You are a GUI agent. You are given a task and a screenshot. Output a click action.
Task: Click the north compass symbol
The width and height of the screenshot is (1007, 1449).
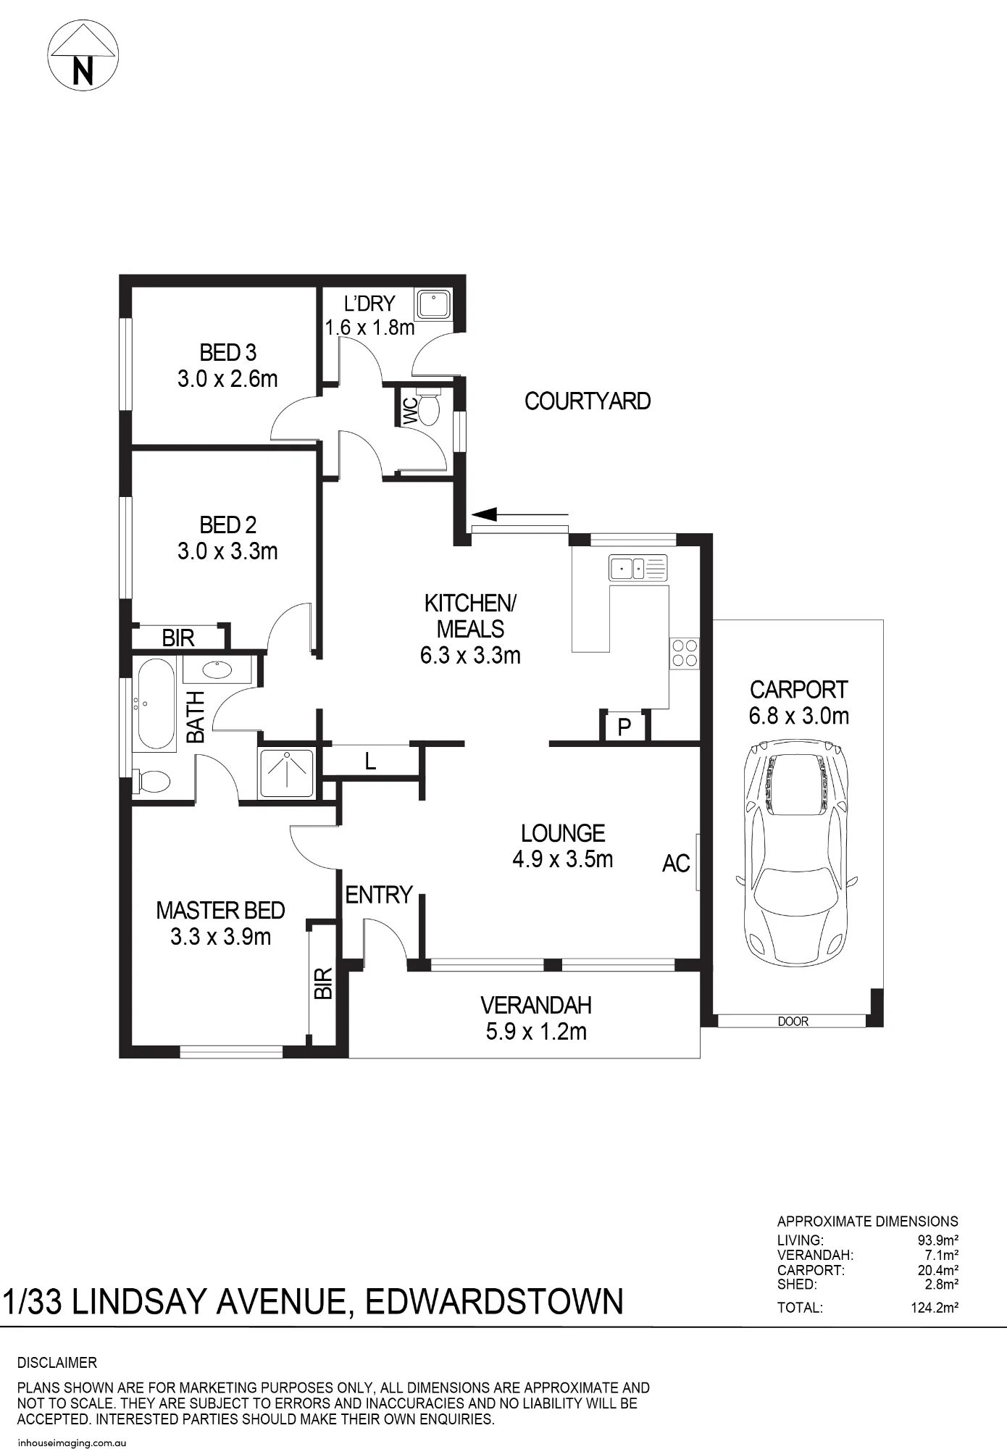(x=83, y=56)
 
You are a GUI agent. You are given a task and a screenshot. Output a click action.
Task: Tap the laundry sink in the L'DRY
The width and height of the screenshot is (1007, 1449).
(x=433, y=304)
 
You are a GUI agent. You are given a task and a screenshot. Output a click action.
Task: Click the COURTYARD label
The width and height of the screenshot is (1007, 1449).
(x=588, y=401)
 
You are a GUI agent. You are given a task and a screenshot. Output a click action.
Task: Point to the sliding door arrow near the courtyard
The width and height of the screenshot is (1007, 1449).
(x=519, y=515)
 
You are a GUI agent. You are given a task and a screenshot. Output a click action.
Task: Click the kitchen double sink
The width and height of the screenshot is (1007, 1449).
(x=638, y=568)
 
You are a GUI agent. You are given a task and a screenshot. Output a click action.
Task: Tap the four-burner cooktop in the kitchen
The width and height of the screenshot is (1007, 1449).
(x=684, y=653)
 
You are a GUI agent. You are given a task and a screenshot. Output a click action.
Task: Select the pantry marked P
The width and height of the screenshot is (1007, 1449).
(x=624, y=727)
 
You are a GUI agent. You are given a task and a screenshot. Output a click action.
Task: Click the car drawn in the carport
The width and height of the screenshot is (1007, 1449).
(x=796, y=851)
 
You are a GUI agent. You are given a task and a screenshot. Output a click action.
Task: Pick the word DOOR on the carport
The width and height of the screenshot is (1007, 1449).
(x=793, y=1022)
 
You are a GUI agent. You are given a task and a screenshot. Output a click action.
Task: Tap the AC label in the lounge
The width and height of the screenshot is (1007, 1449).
(x=676, y=864)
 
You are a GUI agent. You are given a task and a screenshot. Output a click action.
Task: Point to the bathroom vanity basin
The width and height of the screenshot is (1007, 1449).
(x=217, y=669)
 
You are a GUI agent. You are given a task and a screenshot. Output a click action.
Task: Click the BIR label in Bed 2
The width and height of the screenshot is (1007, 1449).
(x=178, y=638)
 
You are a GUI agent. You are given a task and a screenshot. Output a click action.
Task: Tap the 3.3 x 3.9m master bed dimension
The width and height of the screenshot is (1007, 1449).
(x=221, y=937)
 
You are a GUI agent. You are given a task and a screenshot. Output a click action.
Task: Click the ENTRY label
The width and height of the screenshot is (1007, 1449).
(x=379, y=895)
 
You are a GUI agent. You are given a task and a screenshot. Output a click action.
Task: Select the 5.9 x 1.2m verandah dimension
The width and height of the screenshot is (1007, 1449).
(x=536, y=1032)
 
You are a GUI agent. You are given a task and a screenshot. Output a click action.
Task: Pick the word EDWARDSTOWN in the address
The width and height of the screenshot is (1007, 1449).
(x=494, y=1302)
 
